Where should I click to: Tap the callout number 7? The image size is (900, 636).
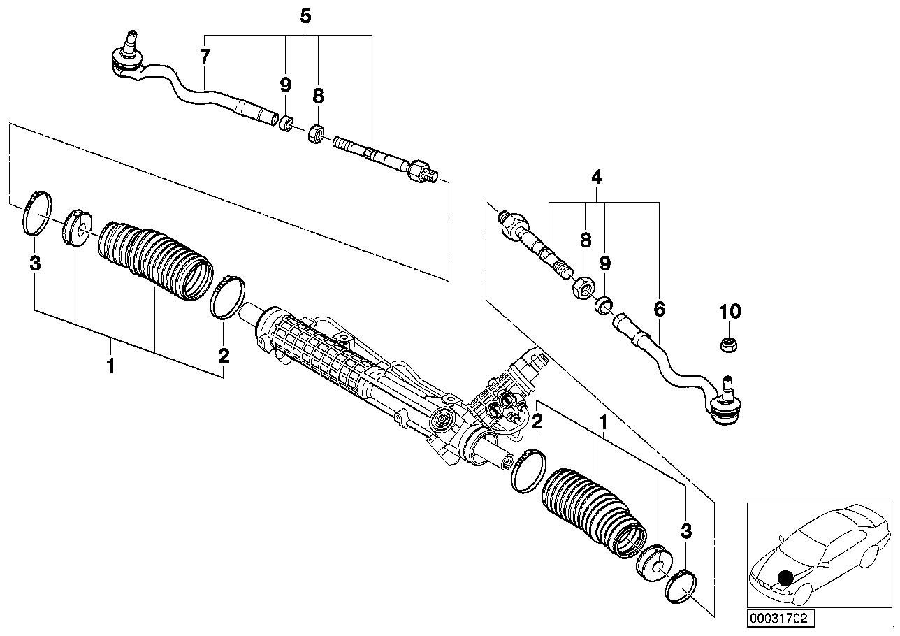(204, 57)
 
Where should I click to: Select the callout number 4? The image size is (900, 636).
(596, 178)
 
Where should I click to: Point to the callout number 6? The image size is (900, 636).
(659, 308)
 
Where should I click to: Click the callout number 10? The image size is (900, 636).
(730, 311)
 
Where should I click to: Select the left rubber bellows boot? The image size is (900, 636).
(155, 259)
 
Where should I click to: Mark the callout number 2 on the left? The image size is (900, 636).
(224, 356)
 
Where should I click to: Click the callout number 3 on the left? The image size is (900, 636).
(35, 263)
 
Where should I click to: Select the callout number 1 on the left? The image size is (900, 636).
(110, 365)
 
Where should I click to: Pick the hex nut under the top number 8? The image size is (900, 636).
(316, 132)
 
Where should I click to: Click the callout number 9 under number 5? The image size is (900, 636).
(285, 85)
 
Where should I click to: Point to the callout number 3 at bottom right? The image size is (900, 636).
(686, 532)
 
